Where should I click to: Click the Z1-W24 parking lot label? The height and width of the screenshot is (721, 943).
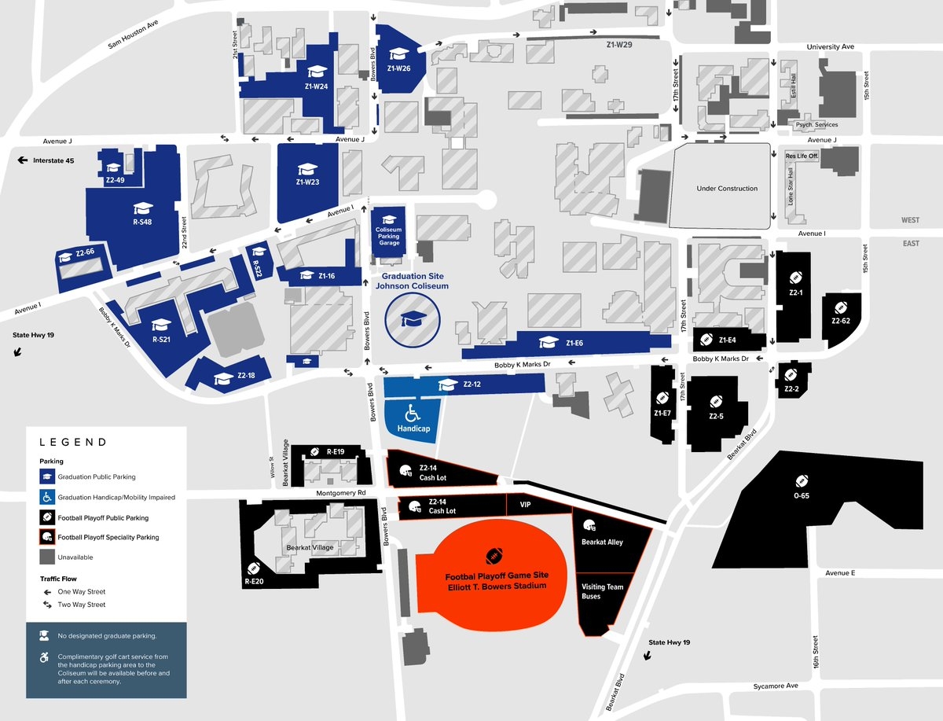tap(317, 86)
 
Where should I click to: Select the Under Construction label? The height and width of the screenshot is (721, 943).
tap(727, 189)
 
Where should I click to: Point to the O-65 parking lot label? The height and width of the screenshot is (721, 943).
tap(802, 496)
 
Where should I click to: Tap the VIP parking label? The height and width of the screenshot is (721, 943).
tap(527, 505)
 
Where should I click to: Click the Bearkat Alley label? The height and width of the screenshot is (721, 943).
tap(602, 542)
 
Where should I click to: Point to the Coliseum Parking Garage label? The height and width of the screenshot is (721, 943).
tap(389, 231)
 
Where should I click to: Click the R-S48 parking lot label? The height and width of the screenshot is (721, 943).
tap(142, 223)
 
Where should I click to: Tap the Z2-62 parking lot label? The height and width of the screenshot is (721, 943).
tap(841, 321)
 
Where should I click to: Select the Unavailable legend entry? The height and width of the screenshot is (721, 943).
tap(75, 557)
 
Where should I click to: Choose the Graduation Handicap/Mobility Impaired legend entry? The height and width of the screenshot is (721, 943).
tap(116, 497)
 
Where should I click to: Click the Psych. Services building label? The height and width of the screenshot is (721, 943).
tap(816, 124)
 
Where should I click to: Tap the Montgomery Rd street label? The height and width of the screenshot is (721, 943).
tap(341, 493)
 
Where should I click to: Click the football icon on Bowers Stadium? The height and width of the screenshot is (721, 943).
tap(494, 556)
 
